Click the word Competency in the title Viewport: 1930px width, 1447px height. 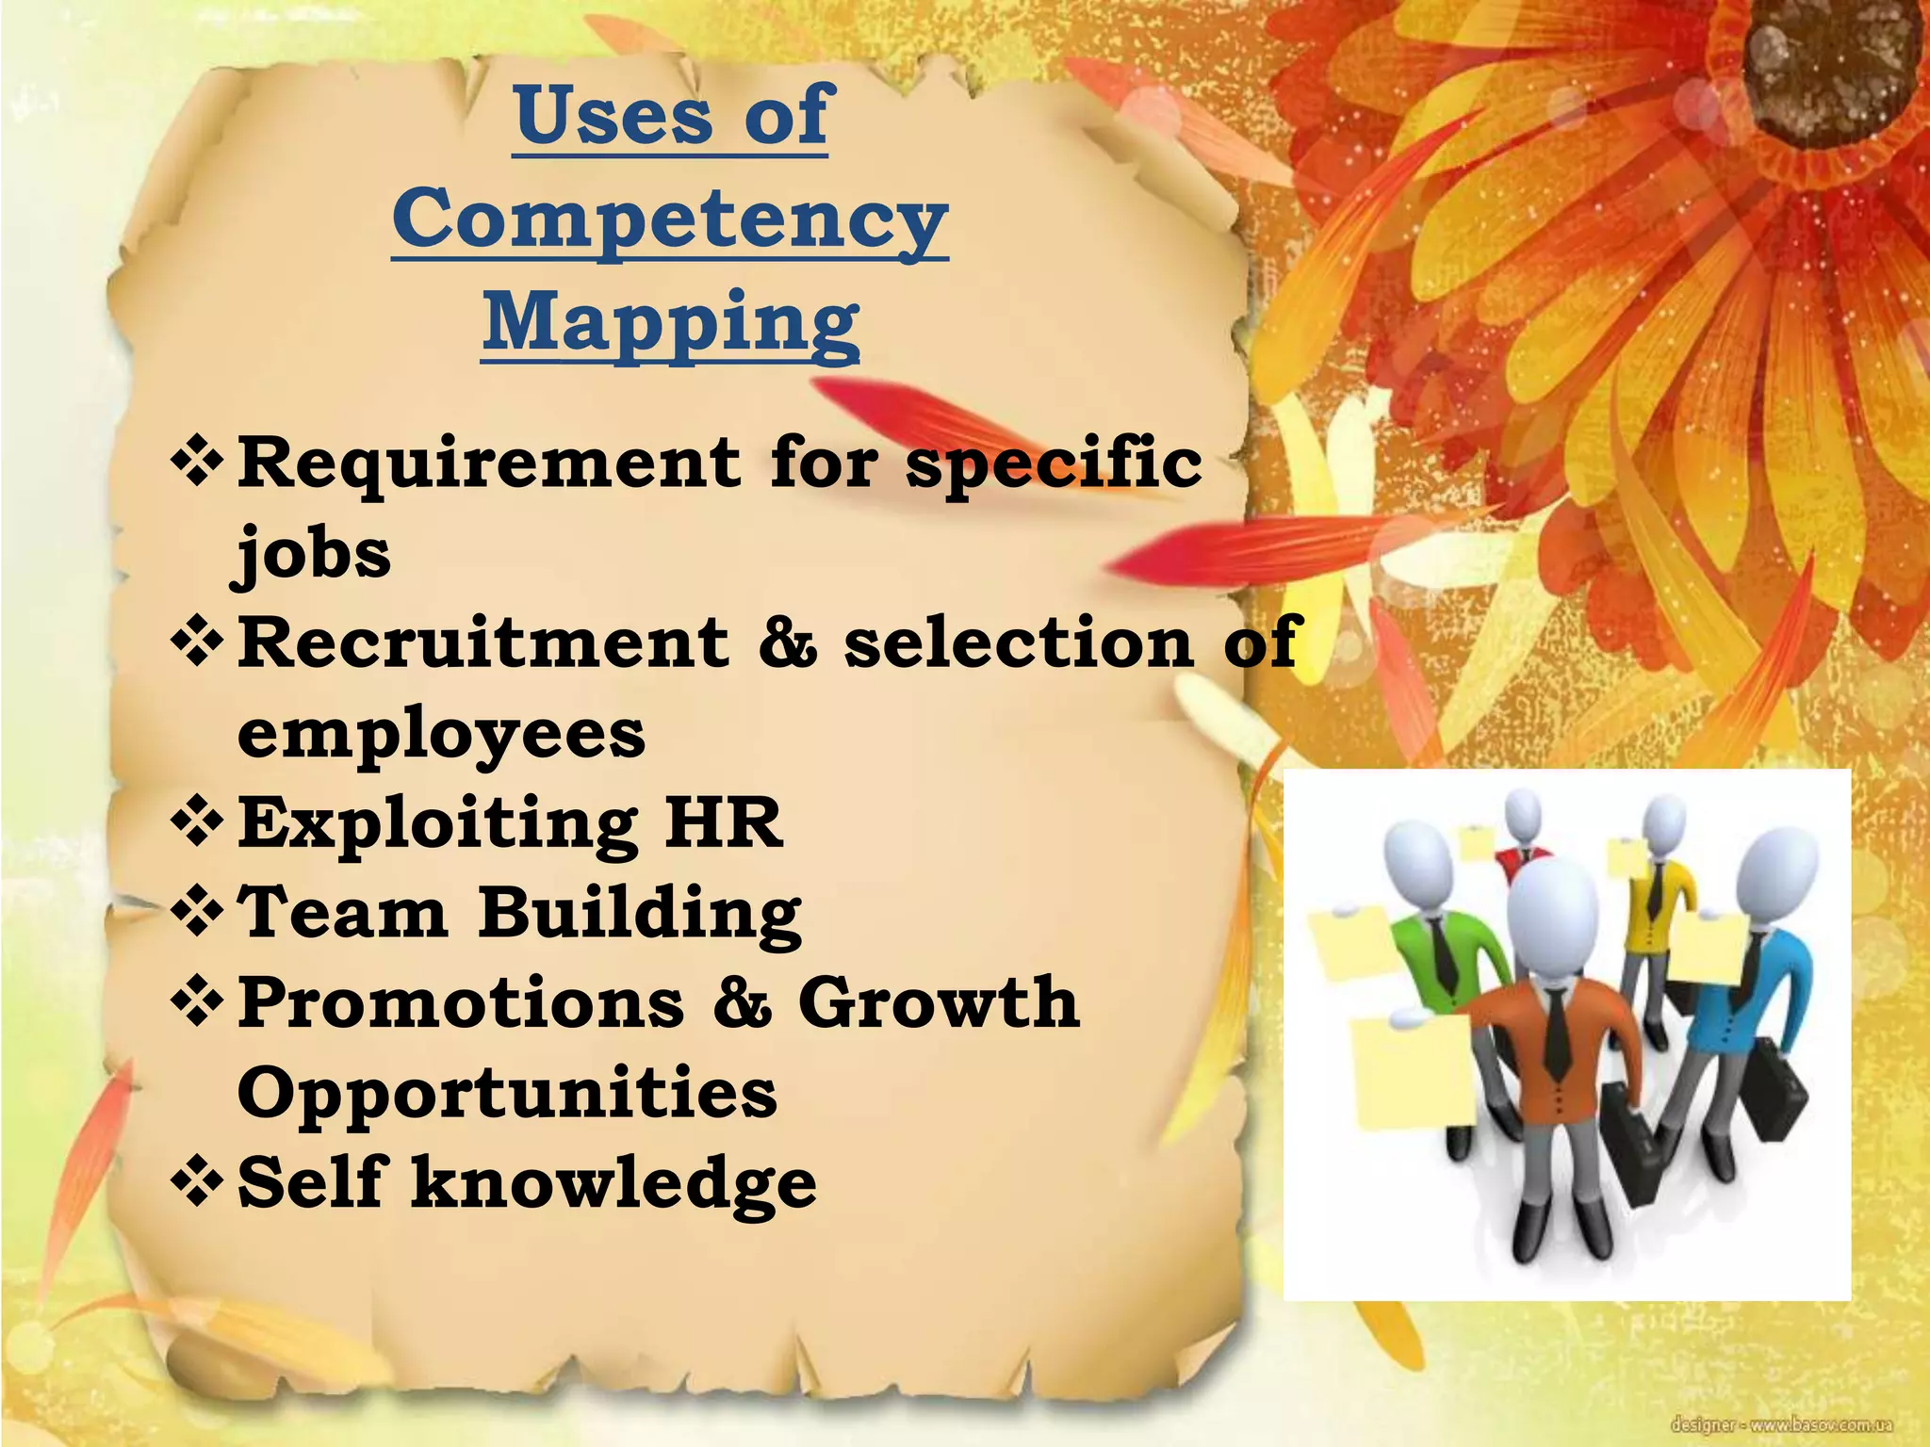(670, 219)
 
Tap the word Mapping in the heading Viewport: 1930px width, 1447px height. (670, 323)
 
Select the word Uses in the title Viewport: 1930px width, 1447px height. (614, 115)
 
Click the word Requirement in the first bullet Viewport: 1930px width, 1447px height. (488, 463)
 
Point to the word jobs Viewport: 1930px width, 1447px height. (312, 553)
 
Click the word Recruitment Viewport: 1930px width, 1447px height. (483, 642)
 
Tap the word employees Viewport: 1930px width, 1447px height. (441, 734)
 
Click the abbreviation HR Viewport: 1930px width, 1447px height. (724, 823)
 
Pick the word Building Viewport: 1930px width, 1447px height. (640, 914)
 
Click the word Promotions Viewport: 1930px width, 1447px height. (461, 1002)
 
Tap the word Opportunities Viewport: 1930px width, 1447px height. (507, 1093)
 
